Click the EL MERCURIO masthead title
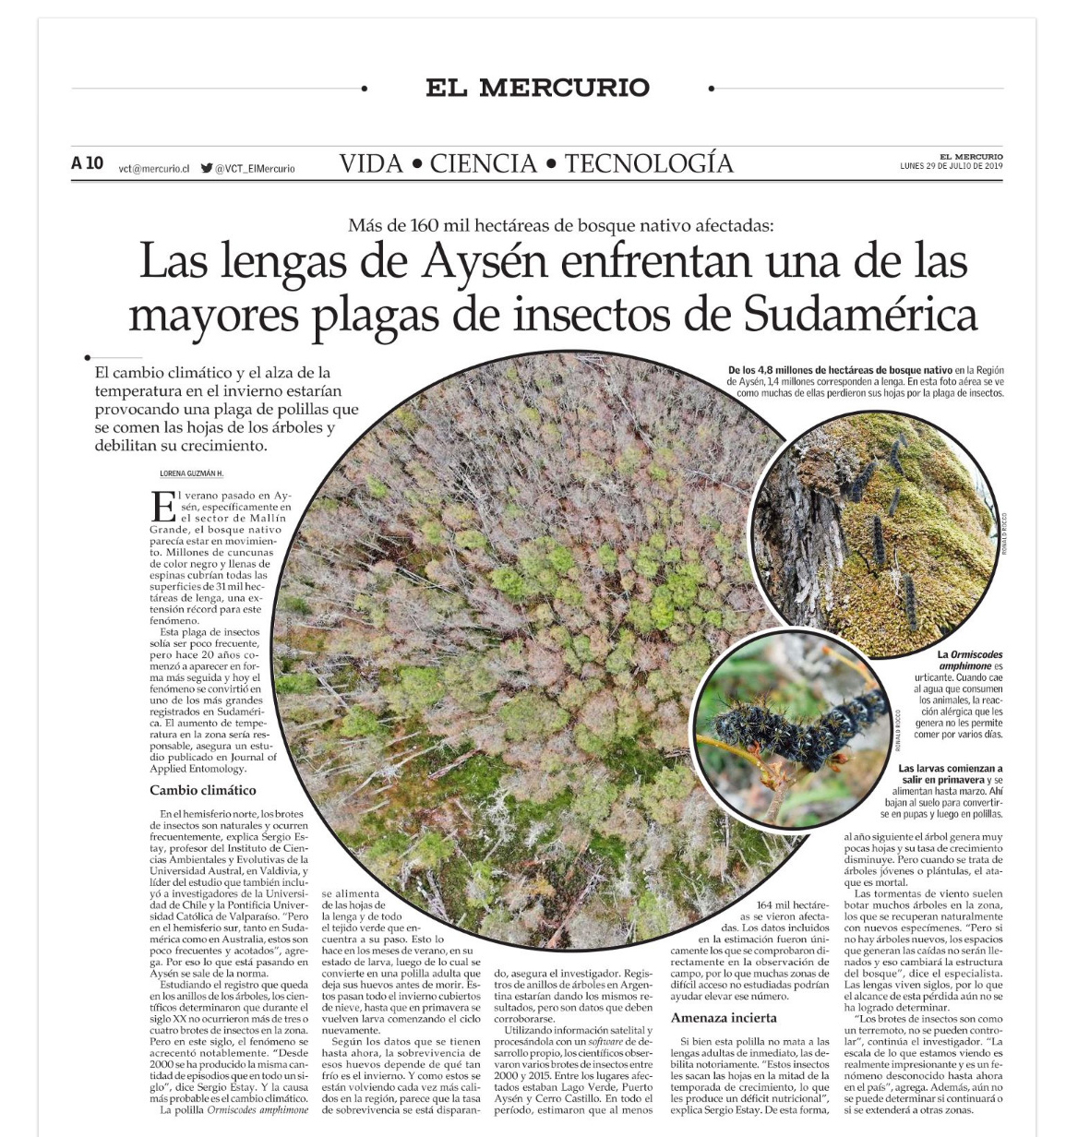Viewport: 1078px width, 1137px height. [537, 88]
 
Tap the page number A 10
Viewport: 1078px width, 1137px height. [88, 163]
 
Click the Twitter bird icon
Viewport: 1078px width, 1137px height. [207, 168]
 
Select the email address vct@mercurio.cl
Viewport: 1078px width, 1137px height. [154, 169]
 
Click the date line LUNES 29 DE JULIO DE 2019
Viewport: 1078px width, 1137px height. [951, 166]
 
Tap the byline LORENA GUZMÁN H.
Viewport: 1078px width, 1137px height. [192, 473]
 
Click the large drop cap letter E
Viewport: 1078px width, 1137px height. [163, 507]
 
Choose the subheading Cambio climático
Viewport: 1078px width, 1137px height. [203, 790]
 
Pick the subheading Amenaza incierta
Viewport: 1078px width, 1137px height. [724, 1018]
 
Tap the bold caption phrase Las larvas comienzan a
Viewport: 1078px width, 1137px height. [950, 768]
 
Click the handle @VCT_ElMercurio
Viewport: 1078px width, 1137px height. [255, 169]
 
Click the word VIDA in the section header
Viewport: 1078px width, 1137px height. [371, 163]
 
